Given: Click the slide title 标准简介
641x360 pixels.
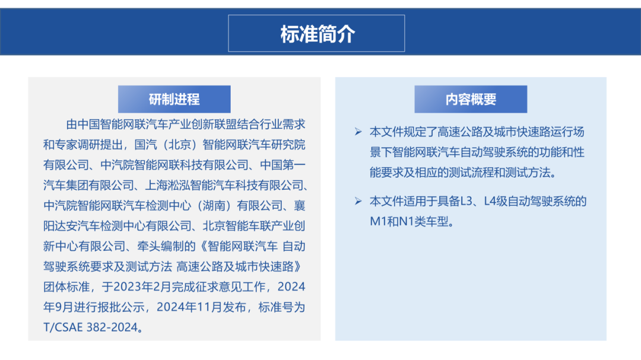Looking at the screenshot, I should pyautogui.click(x=317, y=34).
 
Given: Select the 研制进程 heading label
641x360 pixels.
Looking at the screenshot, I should pyautogui.click(x=174, y=100).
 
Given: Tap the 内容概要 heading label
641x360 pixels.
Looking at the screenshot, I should pyautogui.click(x=471, y=100).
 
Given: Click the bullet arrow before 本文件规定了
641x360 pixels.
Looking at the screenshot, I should pyautogui.click(x=358, y=131).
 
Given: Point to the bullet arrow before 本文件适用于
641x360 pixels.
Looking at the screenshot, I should pyautogui.click(x=358, y=201).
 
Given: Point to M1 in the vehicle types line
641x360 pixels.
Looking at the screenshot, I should pyautogui.click(x=379, y=222).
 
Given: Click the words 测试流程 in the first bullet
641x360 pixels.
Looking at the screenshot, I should pyautogui.click(x=483, y=173).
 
